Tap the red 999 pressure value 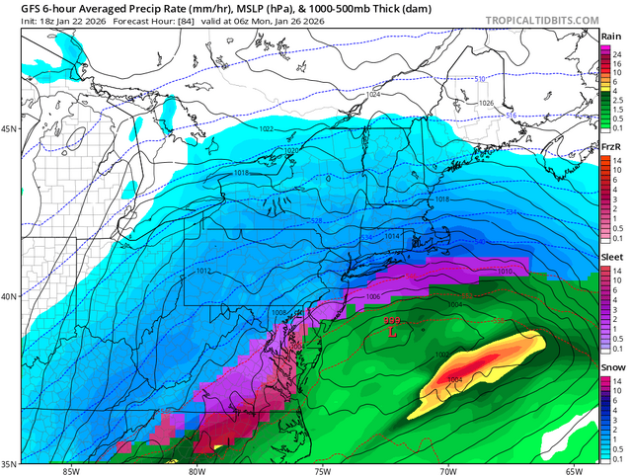tap(392, 321)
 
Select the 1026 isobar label tap(486, 104)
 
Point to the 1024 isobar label tap(372, 95)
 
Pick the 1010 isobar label tap(505, 271)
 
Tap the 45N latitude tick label tap(10, 129)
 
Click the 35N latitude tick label tap(10, 463)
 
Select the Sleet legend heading tap(611, 254)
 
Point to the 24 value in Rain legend tap(616, 53)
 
